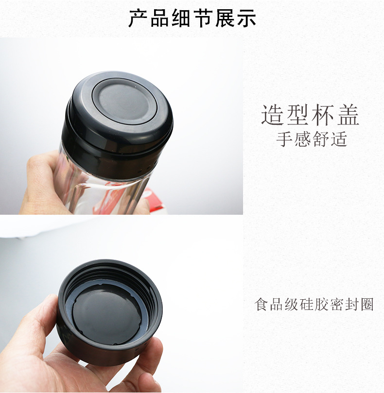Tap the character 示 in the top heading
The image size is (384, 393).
pyautogui.click(x=246, y=18)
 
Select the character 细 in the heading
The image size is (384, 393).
pyautogui.click(x=181, y=18)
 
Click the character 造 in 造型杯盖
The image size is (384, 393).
pyautogui.click(x=272, y=115)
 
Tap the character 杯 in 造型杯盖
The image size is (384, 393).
pyautogui.click(x=323, y=115)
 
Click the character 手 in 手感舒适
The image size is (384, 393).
pyautogui.click(x=284, y=139)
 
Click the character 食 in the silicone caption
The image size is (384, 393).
pyautogui.click(x=262, y=304)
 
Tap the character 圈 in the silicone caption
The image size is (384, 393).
pyautogui.click(x=367, y=304)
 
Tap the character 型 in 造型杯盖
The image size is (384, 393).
pyautogui.click(x=297, y=115)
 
